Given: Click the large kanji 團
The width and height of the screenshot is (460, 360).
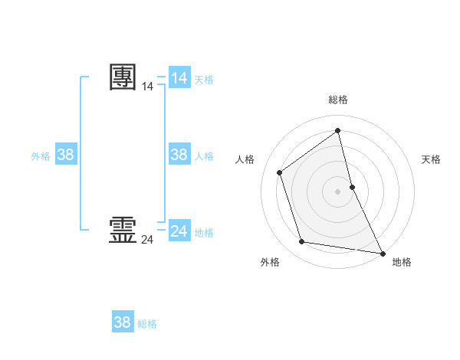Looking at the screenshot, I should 123,77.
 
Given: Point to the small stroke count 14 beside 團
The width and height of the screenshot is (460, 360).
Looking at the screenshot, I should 147,87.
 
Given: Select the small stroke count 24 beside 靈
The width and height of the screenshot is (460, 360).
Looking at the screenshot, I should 147,240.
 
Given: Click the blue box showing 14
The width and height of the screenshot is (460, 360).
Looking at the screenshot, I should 179,78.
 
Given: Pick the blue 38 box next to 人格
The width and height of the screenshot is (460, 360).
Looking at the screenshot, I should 179,155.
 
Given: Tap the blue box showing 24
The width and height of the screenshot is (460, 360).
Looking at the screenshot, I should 179,231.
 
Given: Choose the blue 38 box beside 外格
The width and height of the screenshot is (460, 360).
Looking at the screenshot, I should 66,155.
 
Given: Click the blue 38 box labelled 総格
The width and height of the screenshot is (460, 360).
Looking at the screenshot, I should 123,322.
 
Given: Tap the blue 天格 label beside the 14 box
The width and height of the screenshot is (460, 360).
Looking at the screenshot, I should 204,80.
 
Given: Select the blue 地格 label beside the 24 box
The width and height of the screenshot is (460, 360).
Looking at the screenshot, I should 204,233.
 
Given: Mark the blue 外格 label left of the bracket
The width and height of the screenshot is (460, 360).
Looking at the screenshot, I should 41,156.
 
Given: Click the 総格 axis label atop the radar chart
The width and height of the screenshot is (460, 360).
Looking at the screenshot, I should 338,100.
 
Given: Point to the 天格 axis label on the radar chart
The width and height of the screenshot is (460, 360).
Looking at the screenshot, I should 432,159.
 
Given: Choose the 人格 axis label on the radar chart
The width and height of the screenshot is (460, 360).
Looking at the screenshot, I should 245,159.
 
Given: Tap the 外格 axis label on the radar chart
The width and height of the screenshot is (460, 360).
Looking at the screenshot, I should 270,263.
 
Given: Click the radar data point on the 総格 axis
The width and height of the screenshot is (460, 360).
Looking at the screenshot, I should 338,130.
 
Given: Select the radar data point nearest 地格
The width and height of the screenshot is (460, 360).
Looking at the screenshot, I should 382,252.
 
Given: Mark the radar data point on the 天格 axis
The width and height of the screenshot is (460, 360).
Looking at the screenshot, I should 352,187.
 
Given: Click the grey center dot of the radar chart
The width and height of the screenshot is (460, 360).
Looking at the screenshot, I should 338,191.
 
